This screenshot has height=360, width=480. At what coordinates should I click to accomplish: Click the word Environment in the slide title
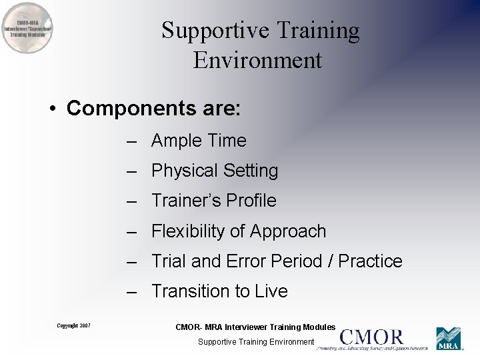257,61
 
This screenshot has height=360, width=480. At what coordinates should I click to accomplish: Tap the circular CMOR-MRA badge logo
27,28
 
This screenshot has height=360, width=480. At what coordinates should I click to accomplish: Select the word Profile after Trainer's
251,201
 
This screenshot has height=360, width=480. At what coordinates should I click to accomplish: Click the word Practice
371,261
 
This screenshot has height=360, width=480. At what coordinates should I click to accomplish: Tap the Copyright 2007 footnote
73,325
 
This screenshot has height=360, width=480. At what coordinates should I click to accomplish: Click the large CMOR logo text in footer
371,337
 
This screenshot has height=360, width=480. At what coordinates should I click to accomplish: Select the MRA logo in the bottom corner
449,339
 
